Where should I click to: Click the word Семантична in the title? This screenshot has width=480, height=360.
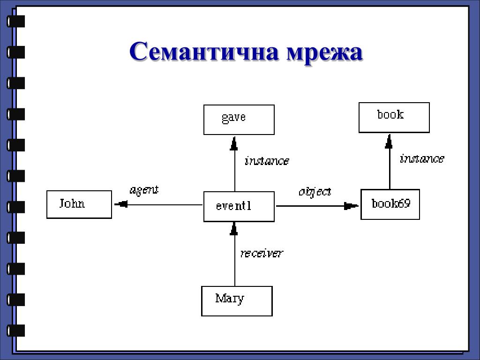click(x=204, y=51)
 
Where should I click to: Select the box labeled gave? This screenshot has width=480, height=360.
click(x=239, y=120)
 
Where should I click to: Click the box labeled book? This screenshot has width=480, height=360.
click(x=394, y=117)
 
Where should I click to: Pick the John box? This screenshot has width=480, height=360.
click(x=79, y=204)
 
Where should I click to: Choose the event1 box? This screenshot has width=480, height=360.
click(x=239, y=207)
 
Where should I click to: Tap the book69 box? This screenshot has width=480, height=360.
click(x=390, y=204)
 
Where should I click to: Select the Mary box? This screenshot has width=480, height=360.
click(x=237, y=301)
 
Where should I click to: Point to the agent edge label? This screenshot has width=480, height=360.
click(x=144, y=190)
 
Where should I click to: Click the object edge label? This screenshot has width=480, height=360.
click(x=315, y=191)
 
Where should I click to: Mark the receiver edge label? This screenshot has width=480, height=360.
click(x=262, y=254)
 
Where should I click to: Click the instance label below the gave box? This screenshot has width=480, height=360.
click(x=267, y=161)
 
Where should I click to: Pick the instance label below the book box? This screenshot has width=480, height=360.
click(x=421, y=159)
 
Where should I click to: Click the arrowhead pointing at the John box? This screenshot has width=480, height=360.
click(x=121, y=204)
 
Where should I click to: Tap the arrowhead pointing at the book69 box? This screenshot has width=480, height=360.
click(x=351, y=205)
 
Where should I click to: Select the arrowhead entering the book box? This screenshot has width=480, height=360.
click(x=389, y=142)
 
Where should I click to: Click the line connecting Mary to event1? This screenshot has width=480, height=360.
click(x=234, y=262)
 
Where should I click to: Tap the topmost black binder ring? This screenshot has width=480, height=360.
click(x=15, y=22)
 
